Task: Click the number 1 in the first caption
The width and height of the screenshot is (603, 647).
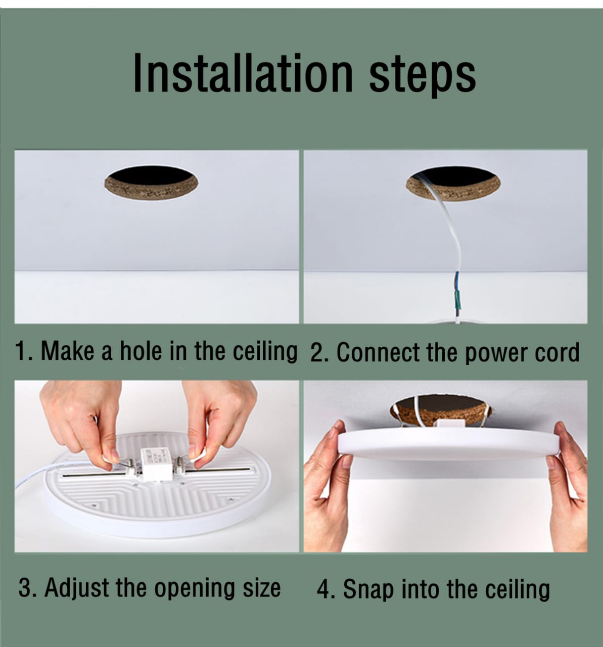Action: (x=21, y=351)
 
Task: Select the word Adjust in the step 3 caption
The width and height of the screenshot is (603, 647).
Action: (x=77, y=588)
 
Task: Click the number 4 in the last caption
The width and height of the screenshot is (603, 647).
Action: (x=323, y=590)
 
